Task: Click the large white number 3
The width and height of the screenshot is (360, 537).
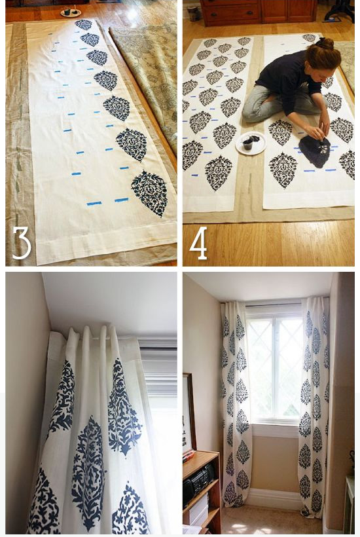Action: coord(22,242)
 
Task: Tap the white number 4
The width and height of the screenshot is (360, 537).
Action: coord(198,243)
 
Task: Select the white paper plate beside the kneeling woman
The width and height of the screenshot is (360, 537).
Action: coord(251,143)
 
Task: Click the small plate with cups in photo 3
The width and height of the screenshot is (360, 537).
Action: coord(71,12)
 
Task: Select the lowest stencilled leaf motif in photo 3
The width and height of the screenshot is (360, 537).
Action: coord(151,193)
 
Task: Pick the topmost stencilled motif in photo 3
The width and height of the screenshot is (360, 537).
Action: coord(83,24)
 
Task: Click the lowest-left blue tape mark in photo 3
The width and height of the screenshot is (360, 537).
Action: coord(94,204)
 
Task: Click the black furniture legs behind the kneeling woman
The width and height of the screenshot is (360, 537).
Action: coord(340,11)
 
